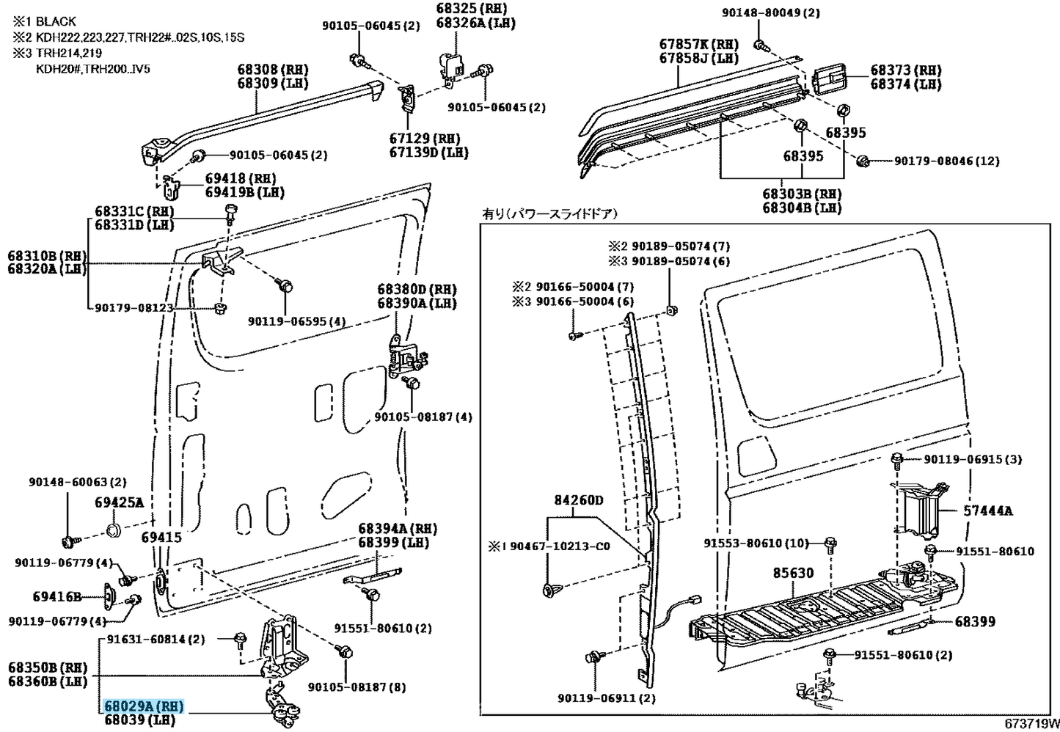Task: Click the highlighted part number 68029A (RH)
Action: [144, 706]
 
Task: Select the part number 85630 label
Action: [793, 573]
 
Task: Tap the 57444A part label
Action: [988, 511]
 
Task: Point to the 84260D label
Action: [579, 500]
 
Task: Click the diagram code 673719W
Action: [1032, 724]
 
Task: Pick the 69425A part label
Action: [120, 502]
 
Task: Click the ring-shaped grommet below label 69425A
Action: [113, 530]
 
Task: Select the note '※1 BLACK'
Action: [44, 21]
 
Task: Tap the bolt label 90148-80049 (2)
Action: [771, 12]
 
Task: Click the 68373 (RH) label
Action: [906, 70]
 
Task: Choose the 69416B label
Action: [57, 596]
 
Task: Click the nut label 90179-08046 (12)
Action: [946, 161]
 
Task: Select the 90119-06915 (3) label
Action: [973, 459]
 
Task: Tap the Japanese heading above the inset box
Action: [550, 214]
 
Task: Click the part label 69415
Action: [161, 537]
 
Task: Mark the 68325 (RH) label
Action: [472, 9]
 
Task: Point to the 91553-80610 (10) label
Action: [756, 543]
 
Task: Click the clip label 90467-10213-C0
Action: [549, 546]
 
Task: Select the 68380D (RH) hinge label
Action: [417, 289]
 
